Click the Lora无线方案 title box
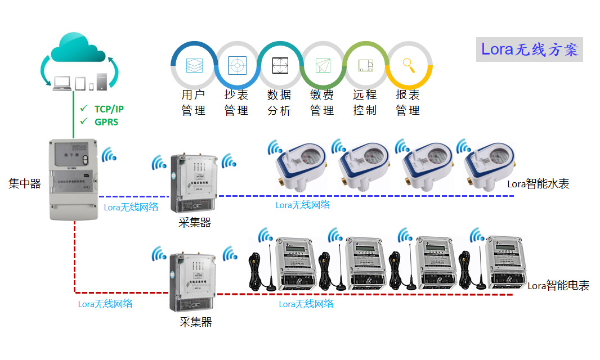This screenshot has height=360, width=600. click(529, 49)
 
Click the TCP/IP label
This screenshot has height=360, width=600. click(109, 109)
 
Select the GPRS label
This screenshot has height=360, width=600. click(106, 121)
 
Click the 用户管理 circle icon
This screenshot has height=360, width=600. click(194, 65)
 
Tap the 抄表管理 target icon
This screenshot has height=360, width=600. click(237, 65)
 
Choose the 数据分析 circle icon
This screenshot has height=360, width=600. click(280, 65)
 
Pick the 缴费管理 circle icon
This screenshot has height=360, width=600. click(323, 65)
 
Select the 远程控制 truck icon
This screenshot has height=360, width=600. click(366, 65)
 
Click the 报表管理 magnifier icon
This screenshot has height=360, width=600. click(409, 65)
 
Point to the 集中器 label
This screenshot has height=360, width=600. click(25, 183)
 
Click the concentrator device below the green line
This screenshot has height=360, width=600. click(73, 179)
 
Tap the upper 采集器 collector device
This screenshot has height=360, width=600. click(193, 183)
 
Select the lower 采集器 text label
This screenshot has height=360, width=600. click(195, 322)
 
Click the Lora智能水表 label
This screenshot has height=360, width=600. click(538, 183)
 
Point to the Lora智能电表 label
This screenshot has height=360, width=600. click(558, 286)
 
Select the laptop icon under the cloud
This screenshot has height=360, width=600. click(61, 83)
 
